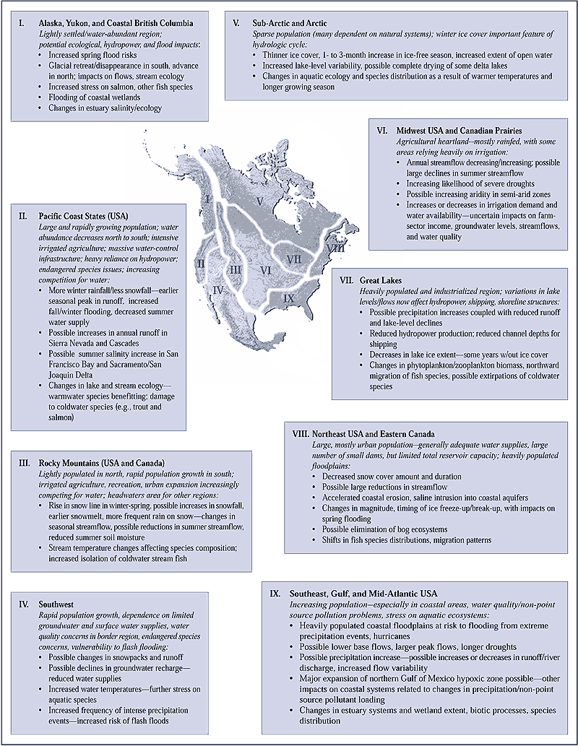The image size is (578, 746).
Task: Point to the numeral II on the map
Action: [x=200, y=266]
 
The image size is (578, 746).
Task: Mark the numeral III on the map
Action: [x=234, y=272]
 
